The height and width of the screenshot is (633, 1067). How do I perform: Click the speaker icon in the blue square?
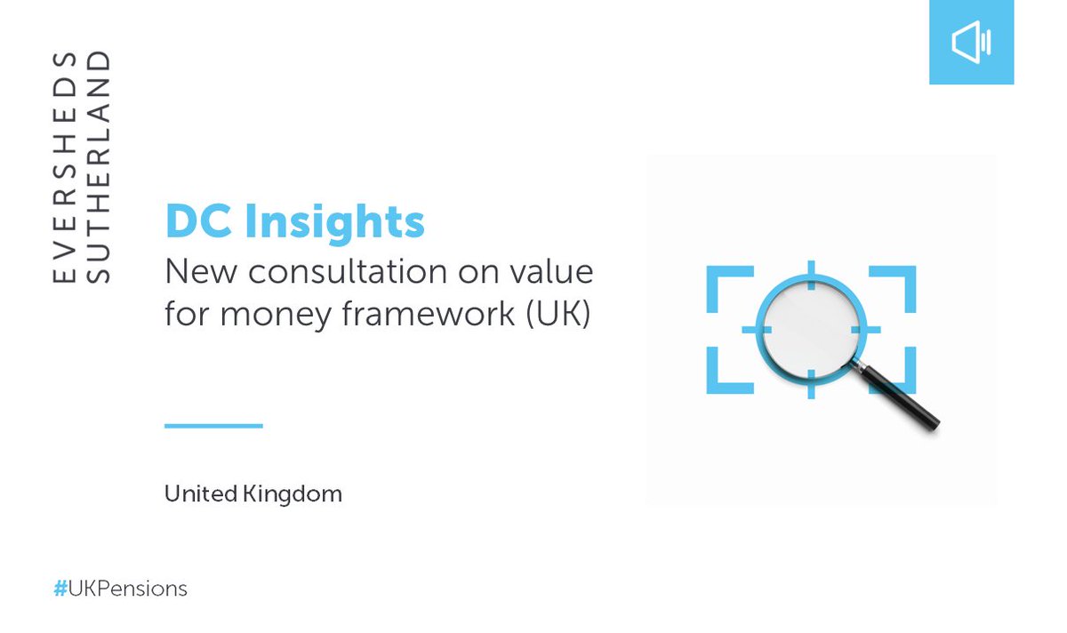tap(971, 43)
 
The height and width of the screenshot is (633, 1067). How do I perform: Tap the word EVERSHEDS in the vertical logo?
tap(64, 168)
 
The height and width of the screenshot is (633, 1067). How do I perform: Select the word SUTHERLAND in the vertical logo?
tap(100, 168)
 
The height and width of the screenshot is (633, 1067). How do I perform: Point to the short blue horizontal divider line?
tap(213, 426)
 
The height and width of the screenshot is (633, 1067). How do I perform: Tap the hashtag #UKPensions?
tap(120, 589)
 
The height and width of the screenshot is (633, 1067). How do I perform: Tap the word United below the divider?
tap(199, 493)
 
